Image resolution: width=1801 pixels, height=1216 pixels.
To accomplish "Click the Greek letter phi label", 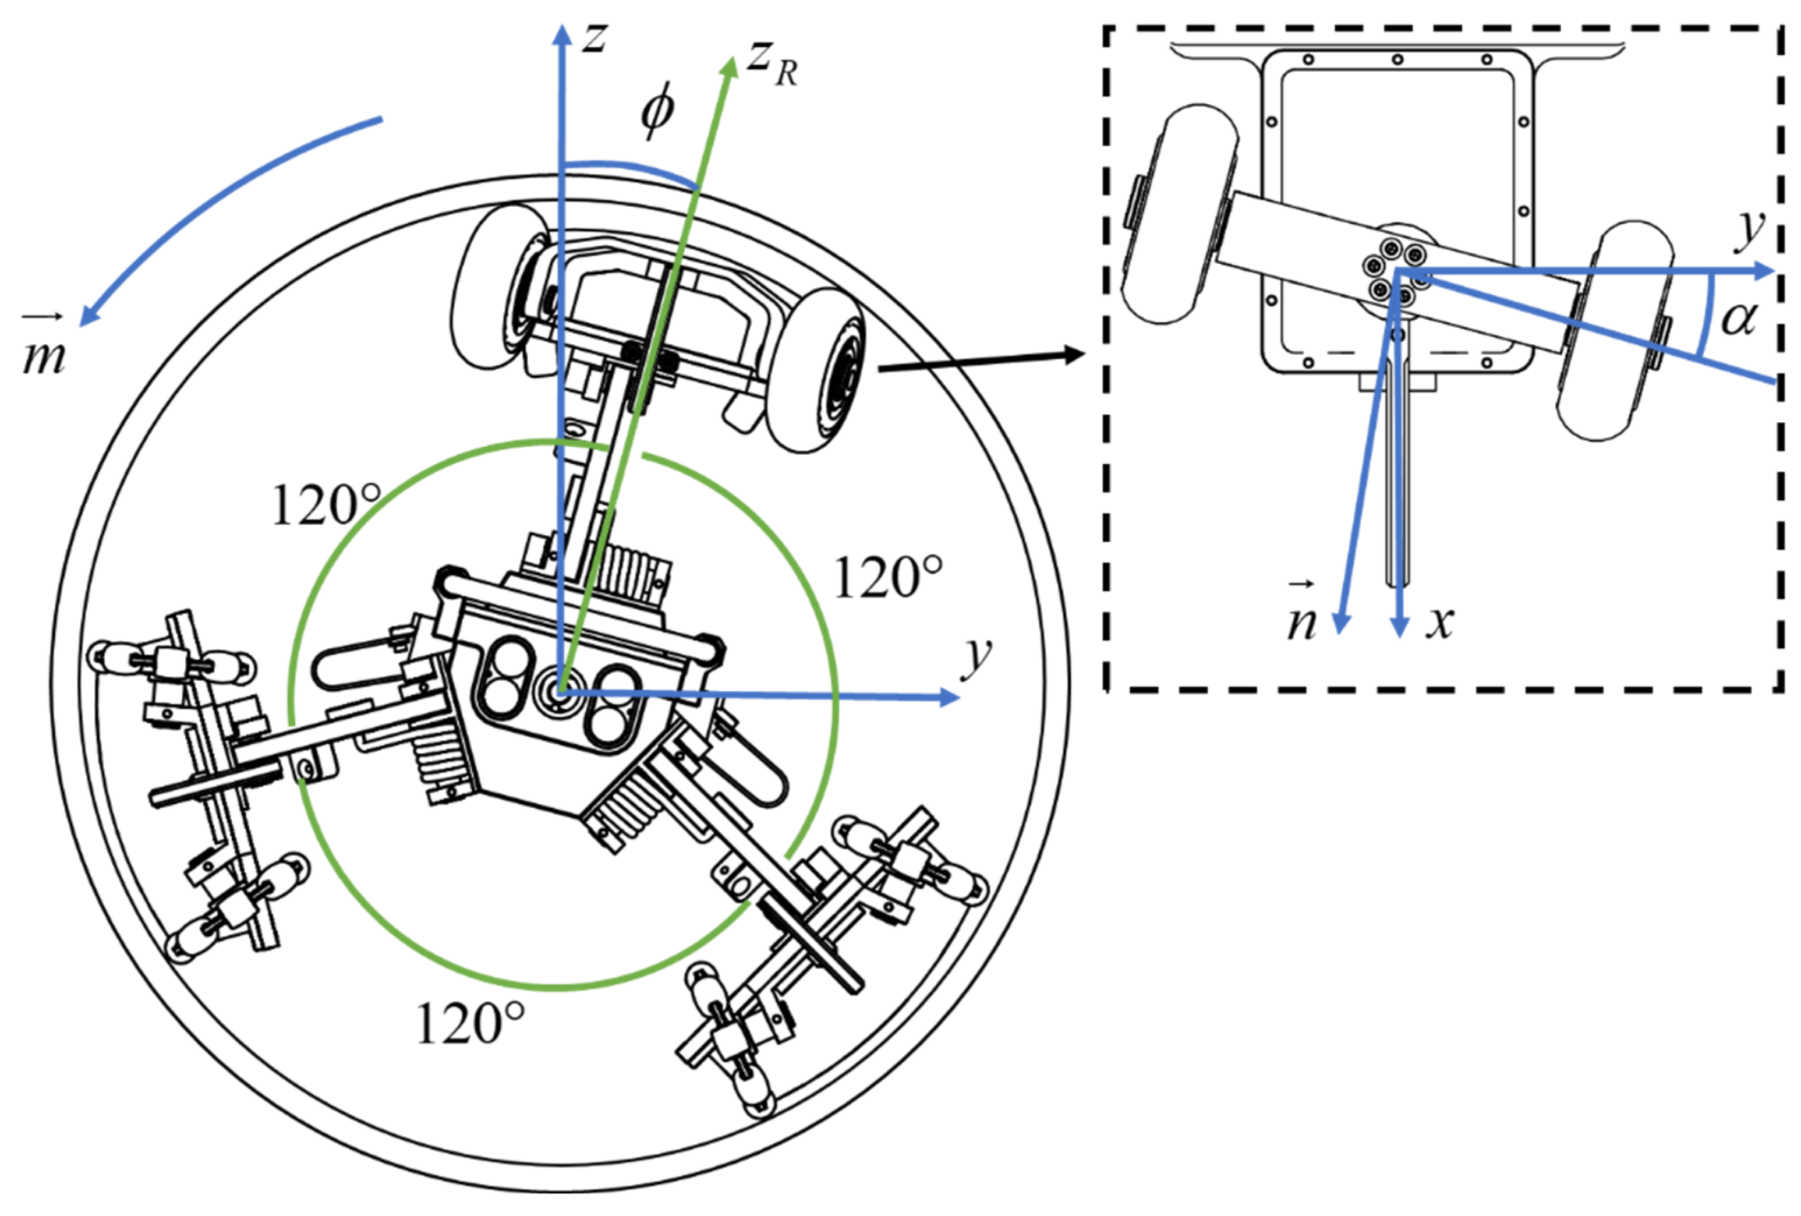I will pos(658,112).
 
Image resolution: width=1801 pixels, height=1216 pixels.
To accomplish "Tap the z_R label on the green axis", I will pos(771,63).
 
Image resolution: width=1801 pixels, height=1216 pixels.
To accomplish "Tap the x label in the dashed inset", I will pos(1440,621).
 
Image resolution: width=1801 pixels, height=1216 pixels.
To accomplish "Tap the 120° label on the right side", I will pos(887,578).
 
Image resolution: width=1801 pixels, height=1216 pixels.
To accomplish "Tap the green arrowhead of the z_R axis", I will pos(728,68).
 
